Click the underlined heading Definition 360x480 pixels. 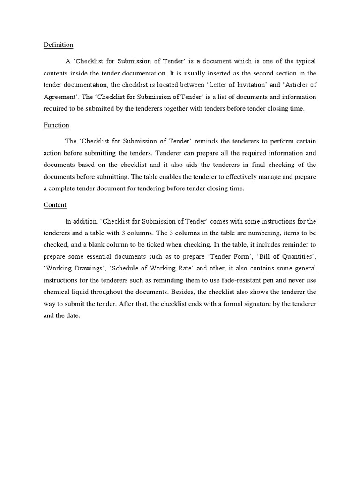tap(58, 45)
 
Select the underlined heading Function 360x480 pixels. tap(56, 125)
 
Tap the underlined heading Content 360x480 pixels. tap(55, 205)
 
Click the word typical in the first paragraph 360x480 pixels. tap(305, 61)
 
